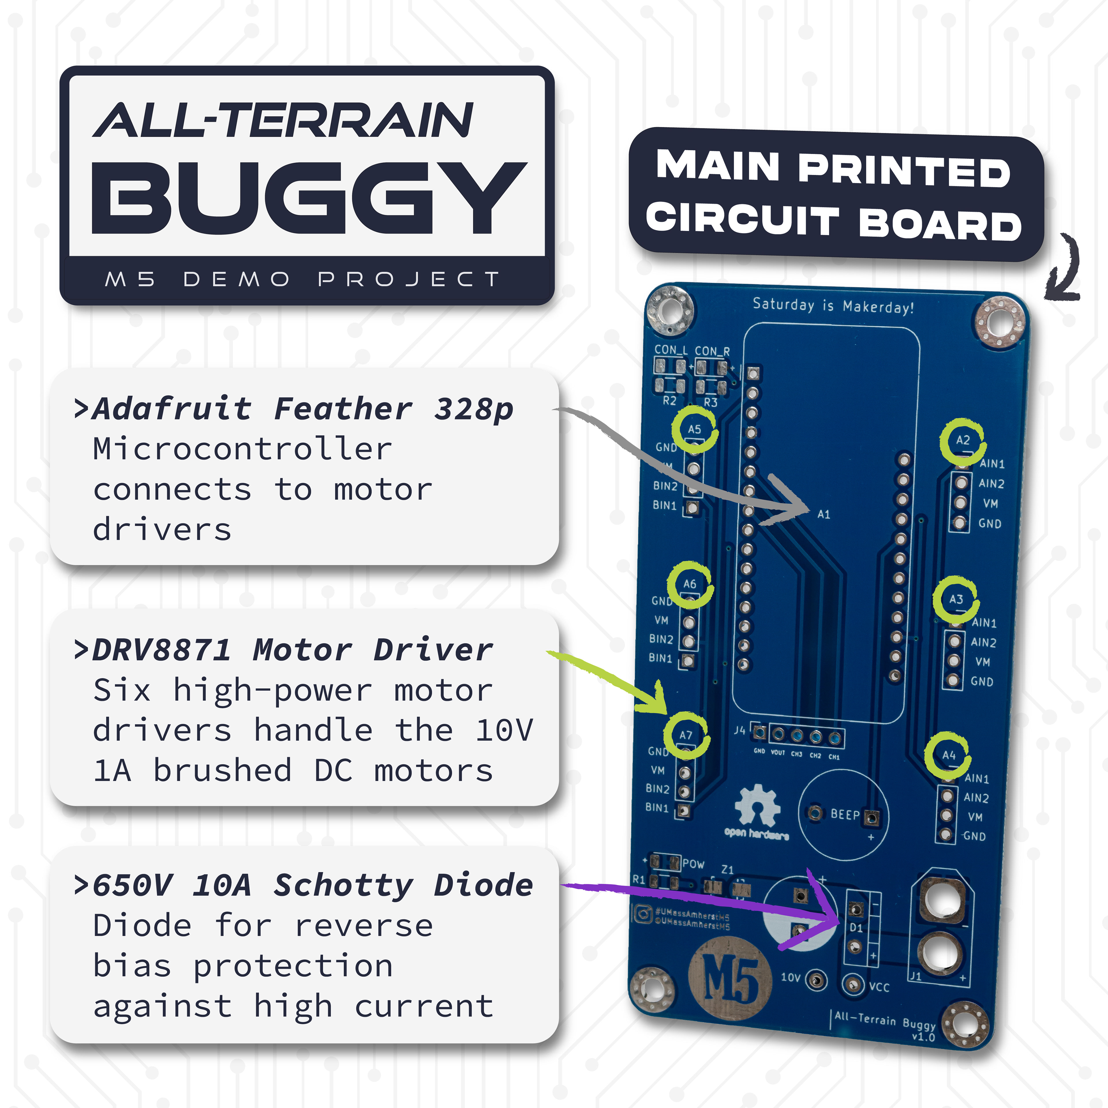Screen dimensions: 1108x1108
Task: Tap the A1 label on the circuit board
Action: click(x=823, y=514)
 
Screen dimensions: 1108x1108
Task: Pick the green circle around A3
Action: click(x=955, y=599)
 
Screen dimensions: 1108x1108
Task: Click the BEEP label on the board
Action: click(x=845, y=814)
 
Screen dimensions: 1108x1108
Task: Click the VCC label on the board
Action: click(x=879, y=987)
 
